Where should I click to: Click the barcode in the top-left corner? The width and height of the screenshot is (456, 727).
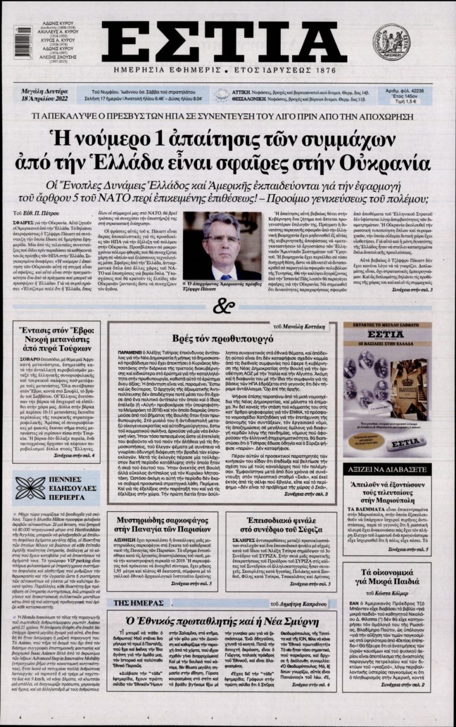point(23,42)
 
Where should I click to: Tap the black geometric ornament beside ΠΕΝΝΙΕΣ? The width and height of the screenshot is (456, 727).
point(30,488)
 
